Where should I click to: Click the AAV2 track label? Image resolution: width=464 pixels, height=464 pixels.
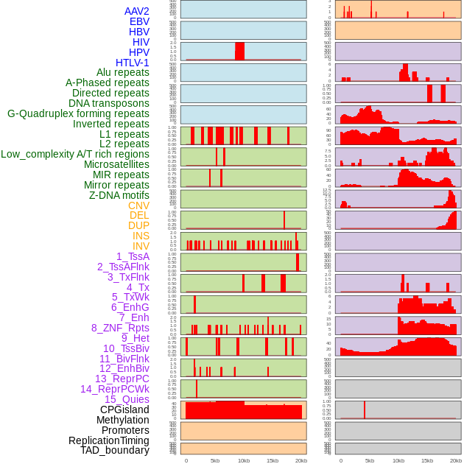137,11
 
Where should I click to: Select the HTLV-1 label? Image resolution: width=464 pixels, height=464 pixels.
132,63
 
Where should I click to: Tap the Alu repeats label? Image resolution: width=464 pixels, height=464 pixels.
123,72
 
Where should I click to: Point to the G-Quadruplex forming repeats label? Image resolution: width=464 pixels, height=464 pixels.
78,113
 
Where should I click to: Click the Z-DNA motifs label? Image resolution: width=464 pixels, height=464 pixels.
119,195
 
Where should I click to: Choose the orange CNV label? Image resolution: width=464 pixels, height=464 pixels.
138,205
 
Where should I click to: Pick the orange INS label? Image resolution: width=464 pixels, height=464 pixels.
141,236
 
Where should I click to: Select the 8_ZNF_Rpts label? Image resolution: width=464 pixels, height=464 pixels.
120,328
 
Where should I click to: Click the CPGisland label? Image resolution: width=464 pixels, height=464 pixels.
124,409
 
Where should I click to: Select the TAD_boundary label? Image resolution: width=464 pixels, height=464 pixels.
114,450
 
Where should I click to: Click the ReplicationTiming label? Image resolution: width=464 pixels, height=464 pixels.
108,440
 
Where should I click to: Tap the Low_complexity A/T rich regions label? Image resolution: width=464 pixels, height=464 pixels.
75,154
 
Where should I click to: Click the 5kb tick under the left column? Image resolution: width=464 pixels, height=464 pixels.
215,461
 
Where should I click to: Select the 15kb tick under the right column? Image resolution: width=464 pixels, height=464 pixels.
427,461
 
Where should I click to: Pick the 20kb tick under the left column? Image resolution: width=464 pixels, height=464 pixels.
300,461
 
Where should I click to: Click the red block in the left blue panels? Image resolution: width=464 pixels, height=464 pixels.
239,51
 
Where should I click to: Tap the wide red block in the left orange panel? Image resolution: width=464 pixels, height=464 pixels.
243,411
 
